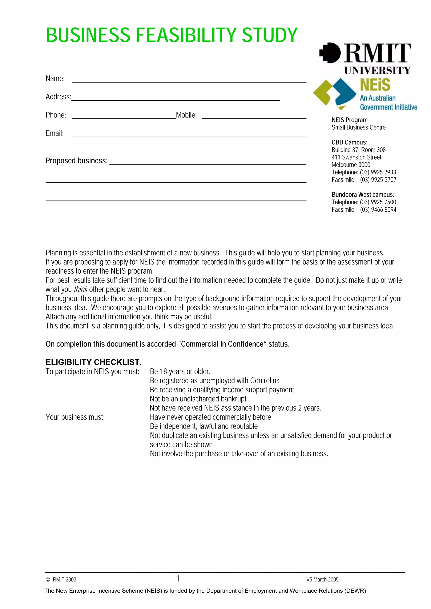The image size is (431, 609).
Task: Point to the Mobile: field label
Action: click(x=186, y=115)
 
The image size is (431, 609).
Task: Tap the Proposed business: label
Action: click(x=76, y=161)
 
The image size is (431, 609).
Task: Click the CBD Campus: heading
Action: click(x=349, y=142)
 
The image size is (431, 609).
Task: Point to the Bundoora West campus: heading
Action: click(x=363, y=195)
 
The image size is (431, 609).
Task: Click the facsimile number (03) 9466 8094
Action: click(x=378, y=210)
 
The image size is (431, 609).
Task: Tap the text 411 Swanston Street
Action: click(x=356, y=157)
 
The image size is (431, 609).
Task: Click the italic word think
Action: click(x=80, y=289)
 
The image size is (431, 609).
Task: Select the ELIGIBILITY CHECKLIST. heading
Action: click(x=93, y=362)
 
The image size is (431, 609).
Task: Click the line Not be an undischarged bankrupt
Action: click(x=198, y=399)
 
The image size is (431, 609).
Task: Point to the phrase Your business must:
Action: click(x=75, y=417)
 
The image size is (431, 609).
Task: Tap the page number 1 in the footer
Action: click(x=178, y=579)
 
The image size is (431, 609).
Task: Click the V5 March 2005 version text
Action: click(x=322, y=580)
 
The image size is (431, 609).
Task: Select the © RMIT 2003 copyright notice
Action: click(x=61, y=580)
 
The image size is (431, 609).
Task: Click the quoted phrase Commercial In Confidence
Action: click(x=222, y=344)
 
